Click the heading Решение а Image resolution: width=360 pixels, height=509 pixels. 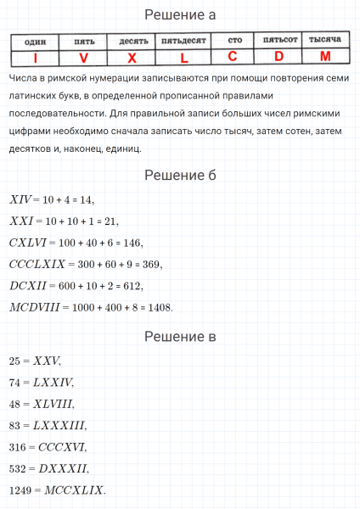pyautogui.click(x=180, y=14)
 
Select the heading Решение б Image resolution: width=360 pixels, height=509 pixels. pyautogui.click(x=180, y=175)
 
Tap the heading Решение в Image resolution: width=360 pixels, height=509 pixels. pyautogui.click(x=180, y=337)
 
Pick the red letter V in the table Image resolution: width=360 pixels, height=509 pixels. pyautogui.click(x=83, y=58)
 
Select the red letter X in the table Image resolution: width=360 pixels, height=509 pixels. pyautogui.click(x=132, y=58)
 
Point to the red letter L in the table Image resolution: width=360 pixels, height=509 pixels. pyautogui.click(x=184, y=58)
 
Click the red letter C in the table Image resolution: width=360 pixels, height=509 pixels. pyautogui.click(x=233, y=57)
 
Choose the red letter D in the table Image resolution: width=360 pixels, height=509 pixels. pyautogui.click(x=278, y=57)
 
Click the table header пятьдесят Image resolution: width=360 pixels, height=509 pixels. pyautogui.click(x=184, y=41)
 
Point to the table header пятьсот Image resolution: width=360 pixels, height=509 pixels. pyautogui.click(x=278, y=40)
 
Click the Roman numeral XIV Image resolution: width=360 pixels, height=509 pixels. pyautogui.click(x=20, y=199)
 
